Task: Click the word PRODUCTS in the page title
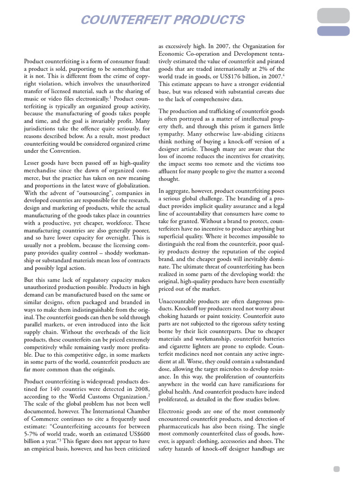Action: pos(206,20)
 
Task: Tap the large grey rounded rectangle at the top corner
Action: pos(333,15)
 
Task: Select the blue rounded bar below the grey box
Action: pos(333,31)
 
